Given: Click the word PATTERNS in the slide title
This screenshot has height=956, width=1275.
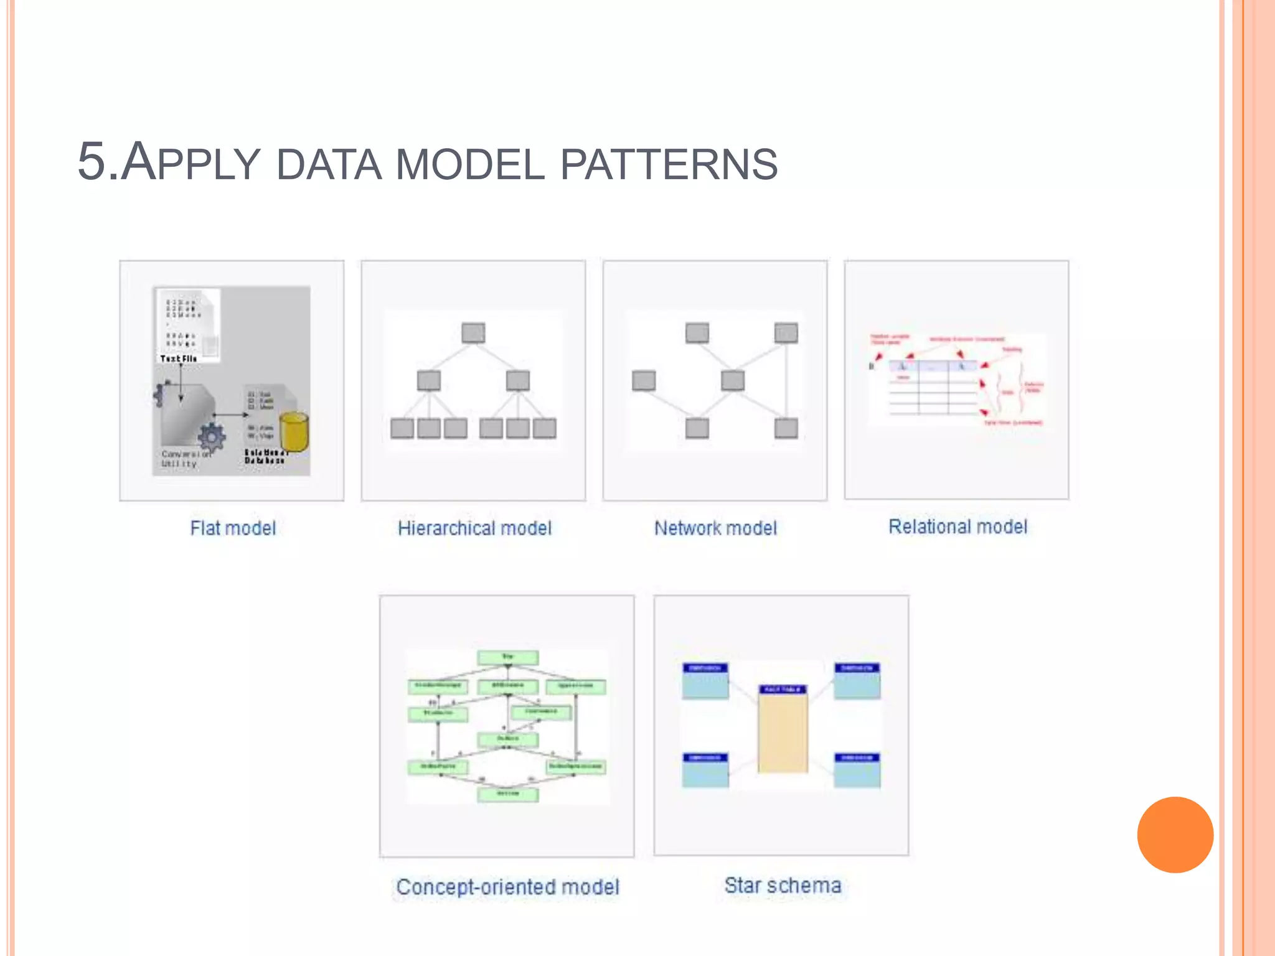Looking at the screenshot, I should click(x=669, y=164).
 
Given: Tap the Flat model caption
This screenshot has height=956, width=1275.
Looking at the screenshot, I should click(x=233, y=528).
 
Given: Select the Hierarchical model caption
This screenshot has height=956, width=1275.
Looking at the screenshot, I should click(x=474, y=528).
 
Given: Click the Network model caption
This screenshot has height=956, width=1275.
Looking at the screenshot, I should click(x=715, y=528).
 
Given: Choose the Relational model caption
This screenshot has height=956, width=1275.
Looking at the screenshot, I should click(x=957, y=527).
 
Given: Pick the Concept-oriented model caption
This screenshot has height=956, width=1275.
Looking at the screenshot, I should click(x=507, y=887).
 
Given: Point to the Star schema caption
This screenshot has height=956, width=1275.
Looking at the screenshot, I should click(x=783, y=885).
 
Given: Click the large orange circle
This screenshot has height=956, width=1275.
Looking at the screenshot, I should click(x=1175, y=835).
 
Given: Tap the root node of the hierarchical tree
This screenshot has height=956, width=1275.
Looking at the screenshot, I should click(x=473, y=333).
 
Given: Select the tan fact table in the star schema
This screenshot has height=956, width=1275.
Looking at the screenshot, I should click(x=783, y=731).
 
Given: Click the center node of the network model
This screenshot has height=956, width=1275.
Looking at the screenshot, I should click(x=732, y=380).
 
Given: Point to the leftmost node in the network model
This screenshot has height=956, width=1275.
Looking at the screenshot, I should click(x=643, y=380).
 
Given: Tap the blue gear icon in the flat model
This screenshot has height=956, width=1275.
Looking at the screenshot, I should click(x=212, y=438).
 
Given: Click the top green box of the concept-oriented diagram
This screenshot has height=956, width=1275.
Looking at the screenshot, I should click(x=507, y=657).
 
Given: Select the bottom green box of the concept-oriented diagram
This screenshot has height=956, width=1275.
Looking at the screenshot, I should click(x=507, y=794).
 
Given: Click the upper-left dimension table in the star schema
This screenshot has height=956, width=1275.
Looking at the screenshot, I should click(x=705, y=681).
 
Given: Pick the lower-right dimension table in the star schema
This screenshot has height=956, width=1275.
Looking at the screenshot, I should click(x=857, y=771).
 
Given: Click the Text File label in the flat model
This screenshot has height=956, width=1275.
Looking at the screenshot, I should click(x=179, y=358).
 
